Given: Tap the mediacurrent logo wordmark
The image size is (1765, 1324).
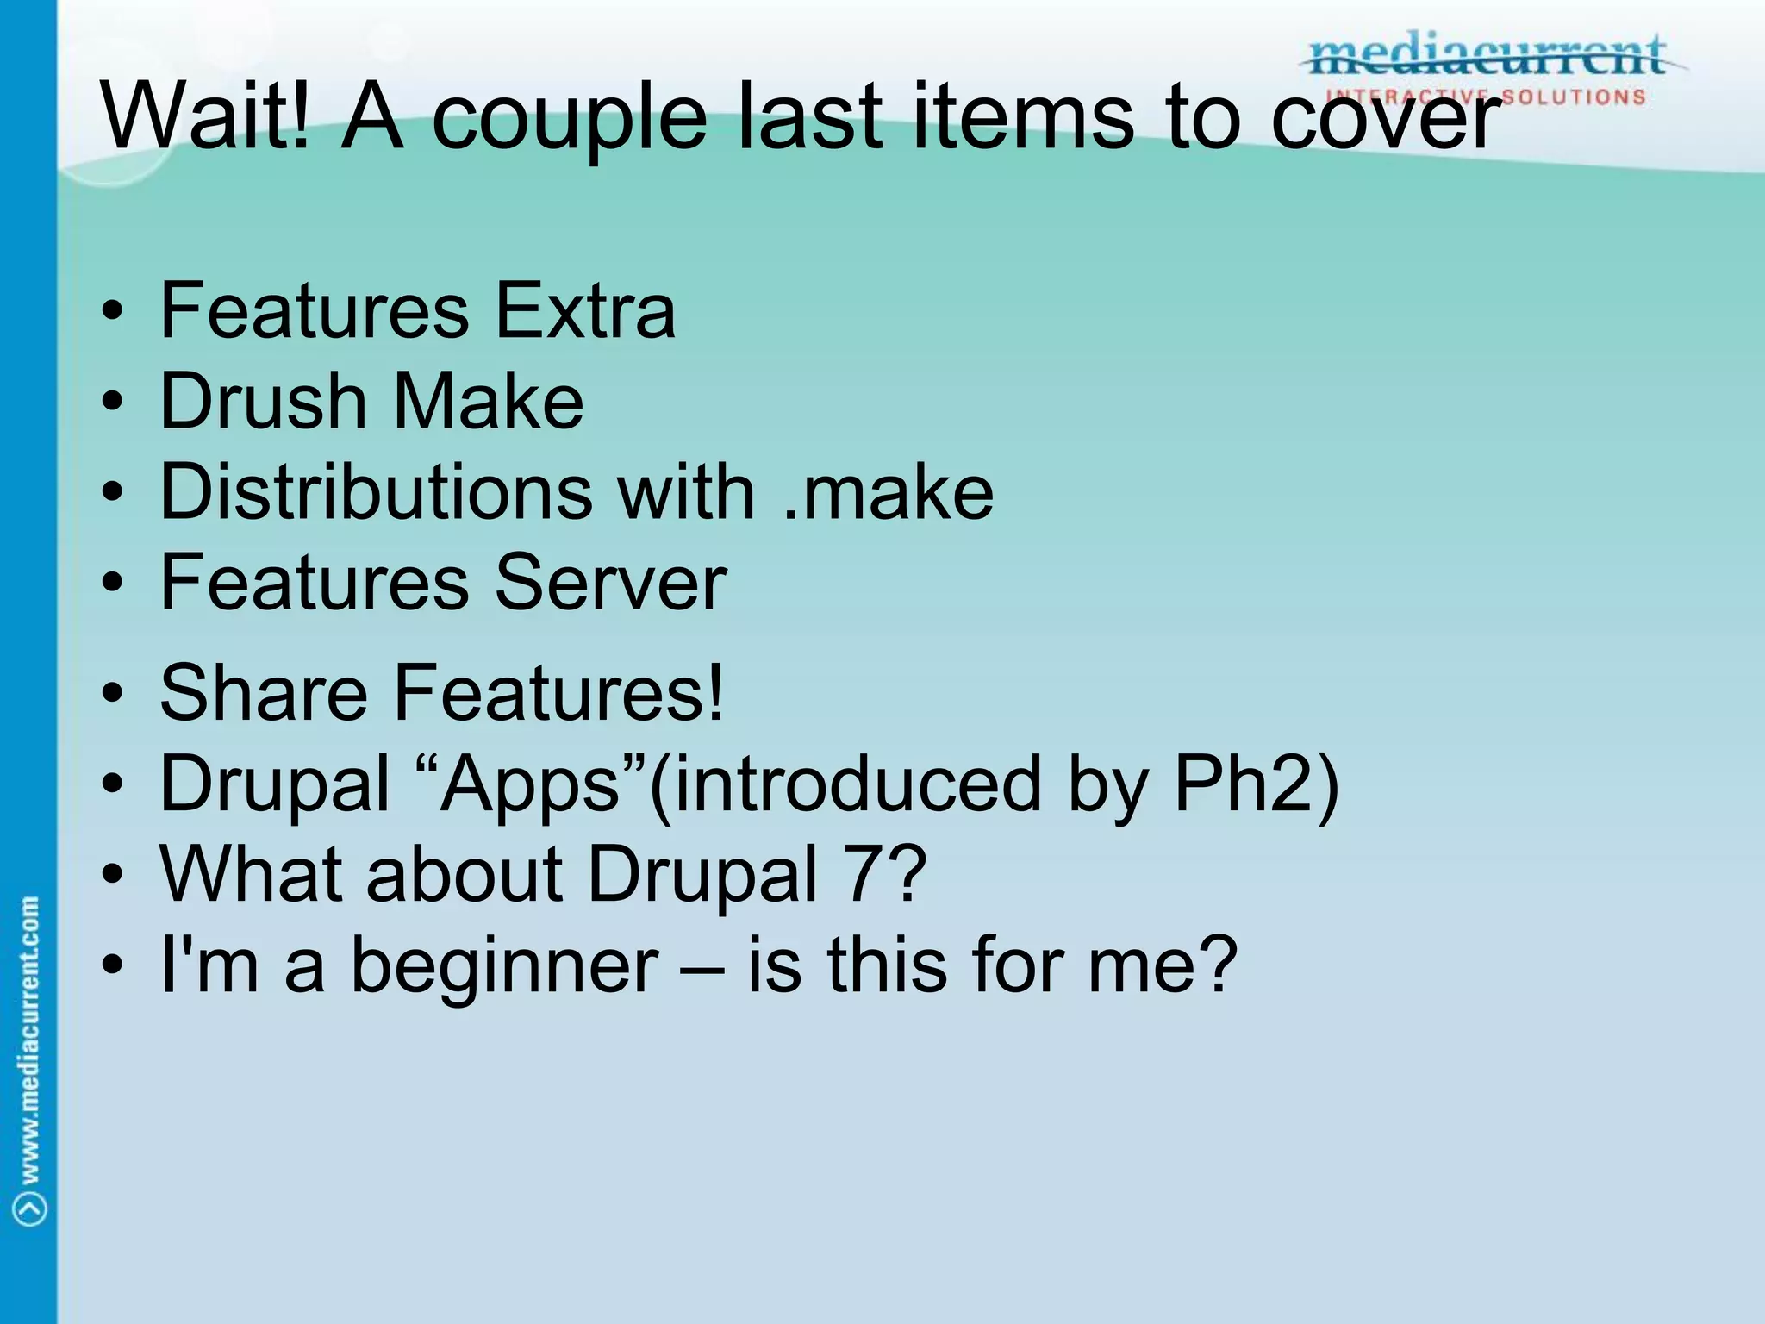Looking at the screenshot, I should coord(1487,57).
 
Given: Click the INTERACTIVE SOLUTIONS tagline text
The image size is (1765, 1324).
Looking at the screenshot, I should coord(1487,97).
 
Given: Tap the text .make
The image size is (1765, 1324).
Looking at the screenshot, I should coord(889,492).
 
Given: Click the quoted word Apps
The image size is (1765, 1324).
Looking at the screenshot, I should coord(531,784).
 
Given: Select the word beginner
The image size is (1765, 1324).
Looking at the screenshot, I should coord(504,966).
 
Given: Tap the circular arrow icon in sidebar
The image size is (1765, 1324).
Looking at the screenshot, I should coord(30,1207).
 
